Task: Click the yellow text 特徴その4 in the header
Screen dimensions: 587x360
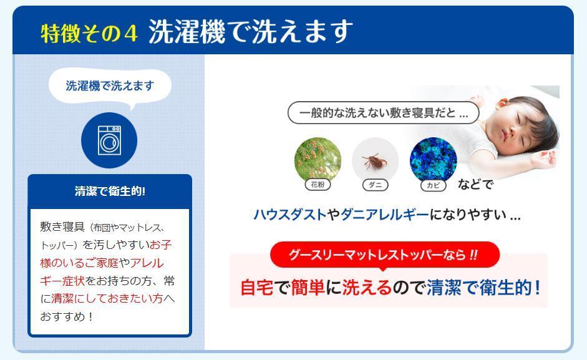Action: [89, 33]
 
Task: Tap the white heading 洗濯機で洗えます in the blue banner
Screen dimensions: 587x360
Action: [250, 31]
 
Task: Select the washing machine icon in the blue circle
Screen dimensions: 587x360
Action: [109, 140]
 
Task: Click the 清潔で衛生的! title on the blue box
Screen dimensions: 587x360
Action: [110, 191]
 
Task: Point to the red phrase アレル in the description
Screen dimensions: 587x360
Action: [147, 263]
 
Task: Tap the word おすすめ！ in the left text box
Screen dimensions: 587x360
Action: [67, 316]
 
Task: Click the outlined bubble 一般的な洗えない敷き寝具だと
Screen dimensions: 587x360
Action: [384, 112]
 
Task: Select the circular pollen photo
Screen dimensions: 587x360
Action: [318, 160]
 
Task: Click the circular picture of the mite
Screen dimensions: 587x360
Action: [375, 161]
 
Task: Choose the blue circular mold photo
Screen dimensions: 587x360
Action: [433, 160]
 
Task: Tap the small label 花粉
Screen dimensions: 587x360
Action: [318, 184]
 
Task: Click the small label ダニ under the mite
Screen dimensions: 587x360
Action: [375, 185]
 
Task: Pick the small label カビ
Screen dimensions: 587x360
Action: [433, 185]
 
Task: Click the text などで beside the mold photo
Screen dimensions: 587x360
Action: [475, 184]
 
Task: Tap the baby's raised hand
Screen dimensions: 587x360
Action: [543, 158]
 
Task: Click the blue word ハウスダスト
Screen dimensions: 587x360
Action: [289, 215]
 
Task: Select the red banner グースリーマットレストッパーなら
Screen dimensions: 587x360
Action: [385, 255]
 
